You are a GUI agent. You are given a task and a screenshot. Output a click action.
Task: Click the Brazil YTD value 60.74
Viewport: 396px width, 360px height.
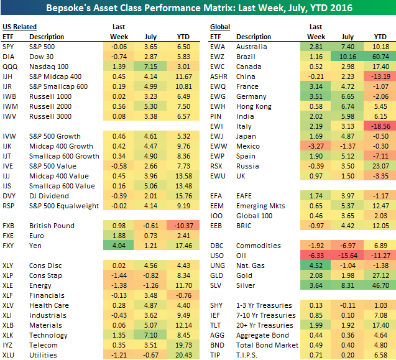click(x=379, y=57)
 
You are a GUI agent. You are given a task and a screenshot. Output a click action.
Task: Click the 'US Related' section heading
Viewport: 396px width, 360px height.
click(x=19, y=27)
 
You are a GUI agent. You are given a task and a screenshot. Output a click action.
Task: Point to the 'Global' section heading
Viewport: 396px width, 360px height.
click(x=220, y=27)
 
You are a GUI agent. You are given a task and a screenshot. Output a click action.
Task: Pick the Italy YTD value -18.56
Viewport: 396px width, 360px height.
click(x=378, y=126)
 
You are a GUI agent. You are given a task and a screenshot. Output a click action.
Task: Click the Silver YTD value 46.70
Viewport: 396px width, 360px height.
click(x=379, y=285)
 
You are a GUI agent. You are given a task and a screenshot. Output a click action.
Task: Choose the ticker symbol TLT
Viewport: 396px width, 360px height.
click(x=216, y=325)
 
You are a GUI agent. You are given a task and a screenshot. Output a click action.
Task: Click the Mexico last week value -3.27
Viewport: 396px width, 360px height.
click(x=315, y=146)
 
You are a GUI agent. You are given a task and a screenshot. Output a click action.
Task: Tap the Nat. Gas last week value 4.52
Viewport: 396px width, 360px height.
click(x=316, y=265)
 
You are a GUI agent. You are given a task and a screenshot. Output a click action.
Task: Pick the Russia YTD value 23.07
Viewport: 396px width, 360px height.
click(x=379, y=166)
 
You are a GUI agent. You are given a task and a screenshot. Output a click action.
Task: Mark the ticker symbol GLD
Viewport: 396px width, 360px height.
click(x=217, y=275)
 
